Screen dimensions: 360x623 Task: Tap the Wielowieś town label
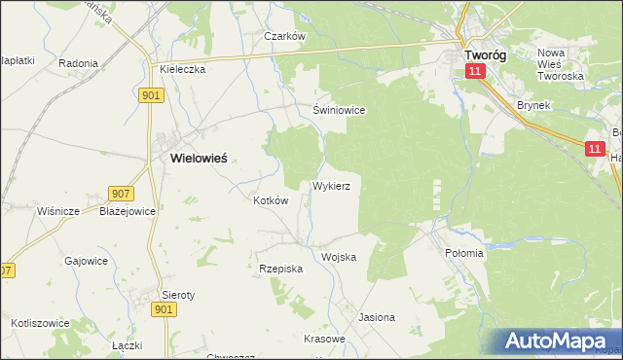click(199, 157)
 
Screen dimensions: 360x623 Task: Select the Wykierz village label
click(338, 184)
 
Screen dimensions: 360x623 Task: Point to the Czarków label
click(286, 36)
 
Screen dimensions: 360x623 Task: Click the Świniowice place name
click(339, 110)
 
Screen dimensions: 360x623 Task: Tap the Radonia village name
click(78, 63)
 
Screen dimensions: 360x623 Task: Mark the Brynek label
click(534, 104)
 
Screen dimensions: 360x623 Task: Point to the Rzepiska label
click(281, 268)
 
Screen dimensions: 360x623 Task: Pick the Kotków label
click(271, 200)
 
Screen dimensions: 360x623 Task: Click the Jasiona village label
click(377, 317)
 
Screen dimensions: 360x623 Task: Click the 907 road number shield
click(121, 194)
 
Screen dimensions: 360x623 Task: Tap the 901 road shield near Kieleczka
click(151, 94)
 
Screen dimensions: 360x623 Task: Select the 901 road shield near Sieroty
click(164, 309)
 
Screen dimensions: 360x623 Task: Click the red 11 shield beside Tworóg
click(474, 73)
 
